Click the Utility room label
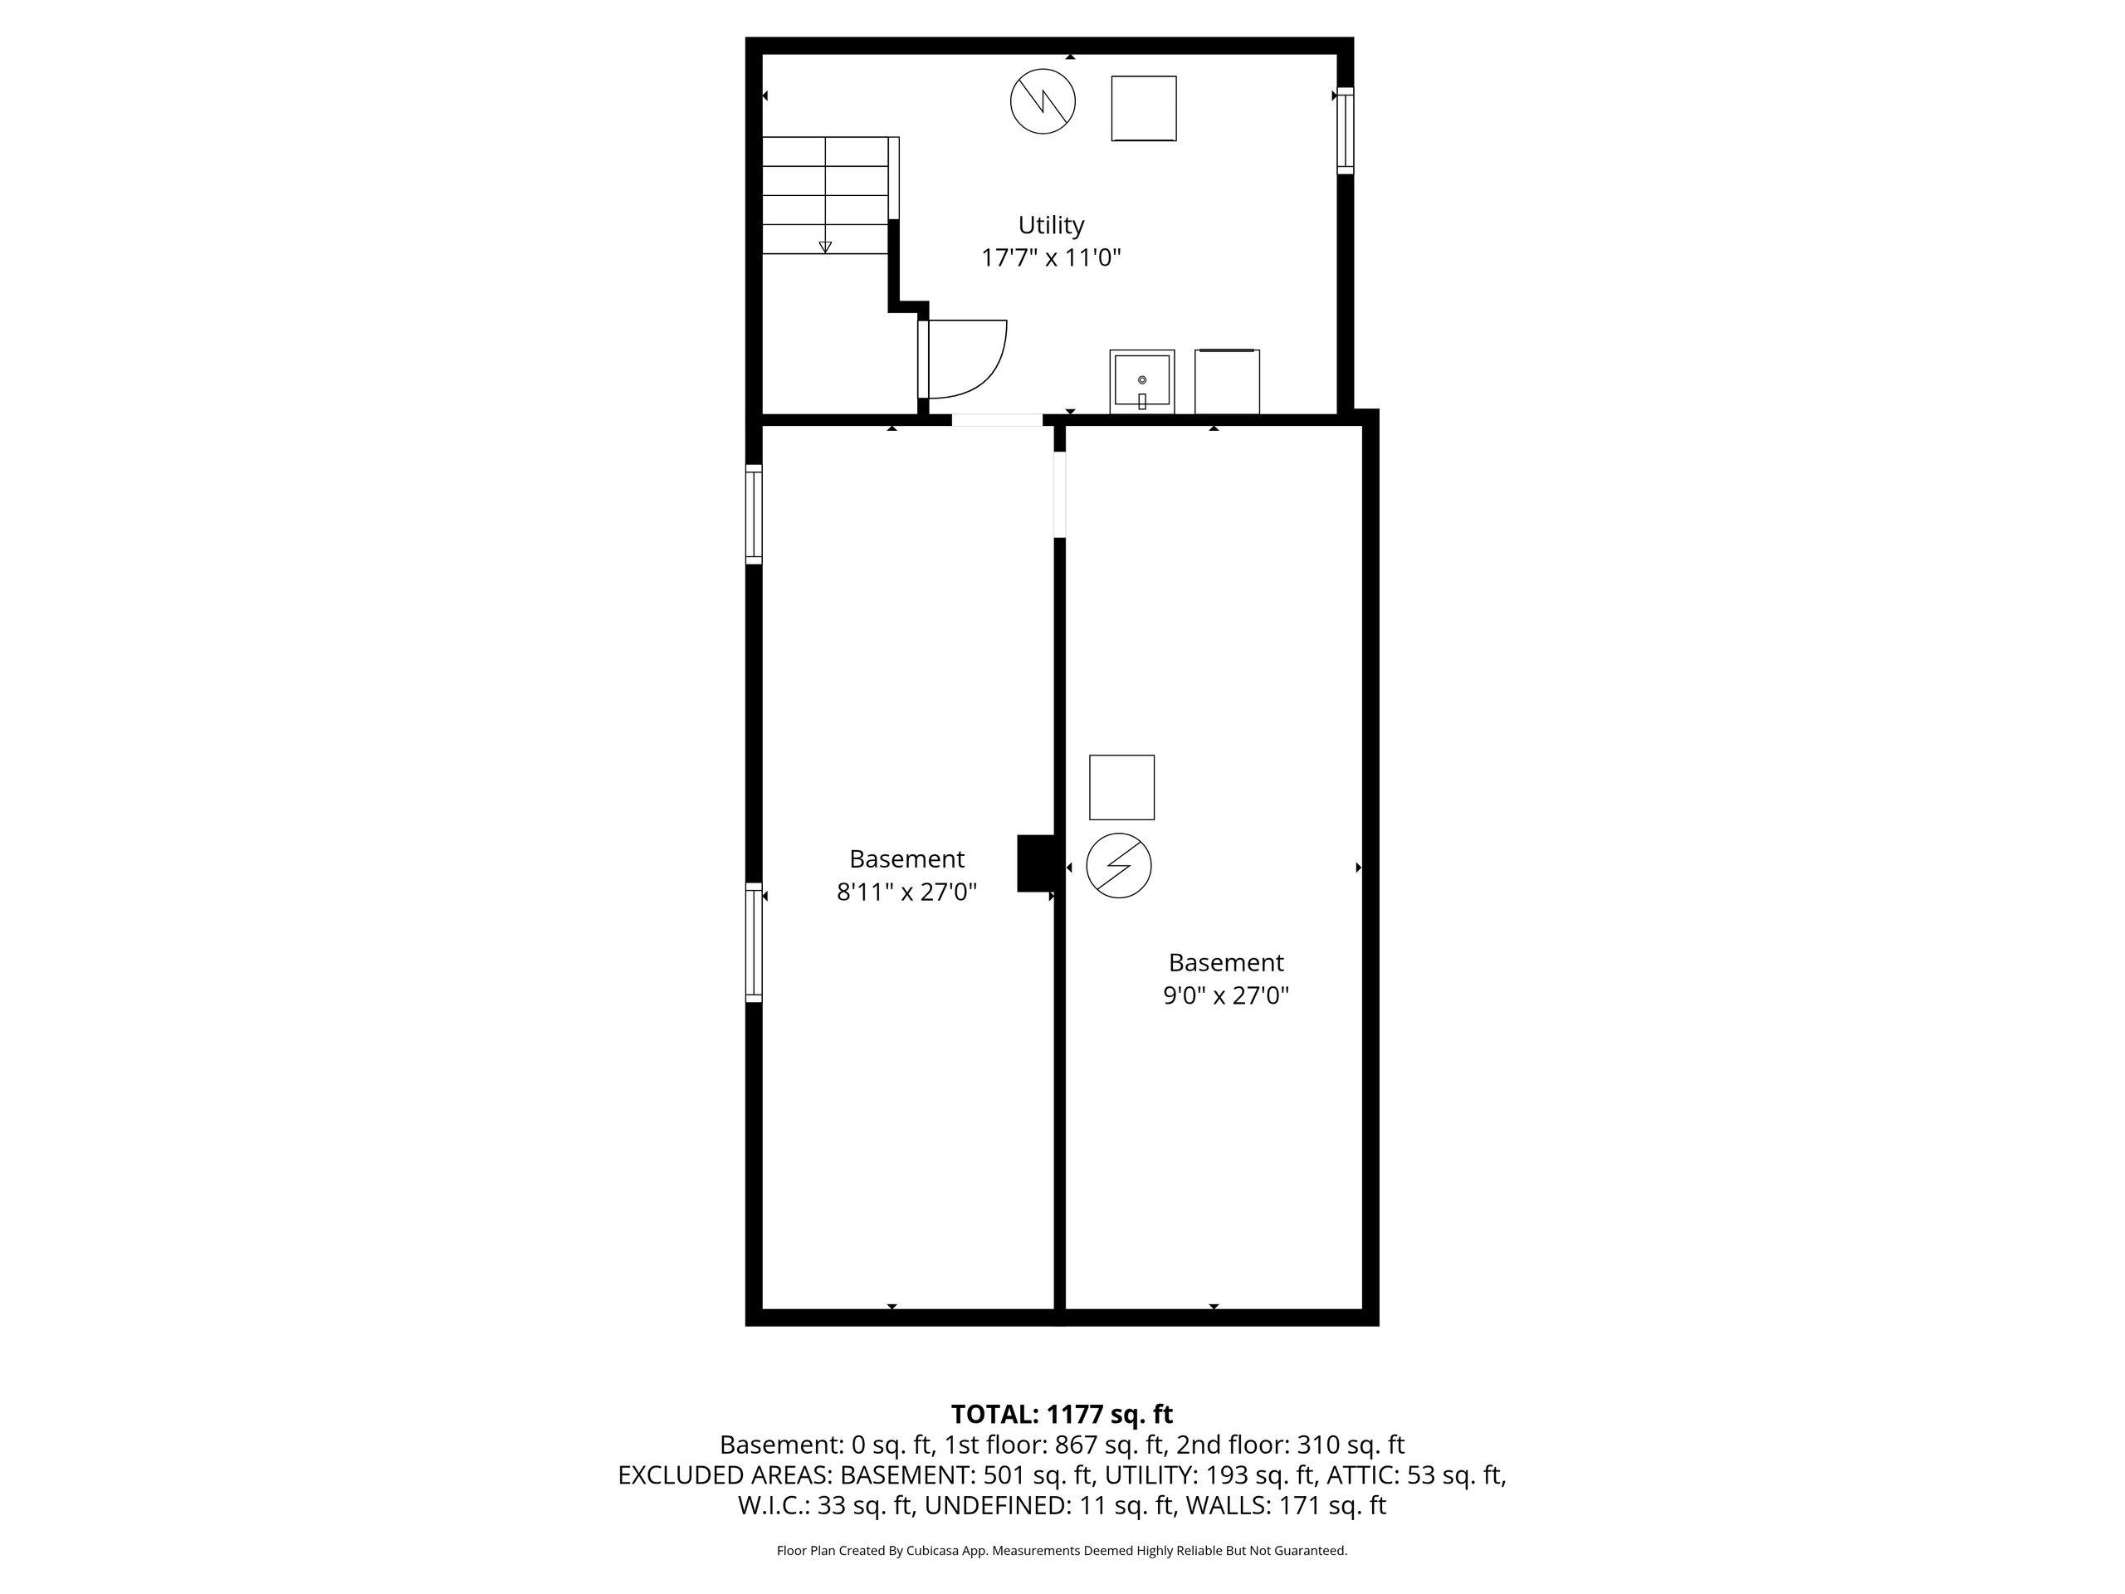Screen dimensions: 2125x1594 [1051, 226]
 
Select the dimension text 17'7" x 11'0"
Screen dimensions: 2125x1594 [1051, 257]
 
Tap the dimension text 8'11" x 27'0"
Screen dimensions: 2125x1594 [907, 892]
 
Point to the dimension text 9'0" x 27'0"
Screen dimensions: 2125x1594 [1226, 995]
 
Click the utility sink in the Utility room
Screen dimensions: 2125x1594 [1142, 381]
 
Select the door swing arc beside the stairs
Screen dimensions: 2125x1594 [989, 370]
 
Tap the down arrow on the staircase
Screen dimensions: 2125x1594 [825, 247]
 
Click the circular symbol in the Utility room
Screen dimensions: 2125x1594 [1043, 101]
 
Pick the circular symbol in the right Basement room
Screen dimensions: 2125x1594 [1119, 866]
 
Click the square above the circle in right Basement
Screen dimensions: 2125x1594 [1122, 788]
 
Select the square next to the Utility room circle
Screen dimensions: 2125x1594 [1144, 109]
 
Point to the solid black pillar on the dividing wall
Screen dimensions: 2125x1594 [1037, 863]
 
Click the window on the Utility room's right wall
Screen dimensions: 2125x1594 [1346, 130]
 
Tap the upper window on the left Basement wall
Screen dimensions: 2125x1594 [754, 514]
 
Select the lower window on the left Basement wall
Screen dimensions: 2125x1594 [754, 942]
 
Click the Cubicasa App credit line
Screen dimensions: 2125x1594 [1062, 1550]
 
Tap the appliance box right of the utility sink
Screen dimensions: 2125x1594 [1227, 381]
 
